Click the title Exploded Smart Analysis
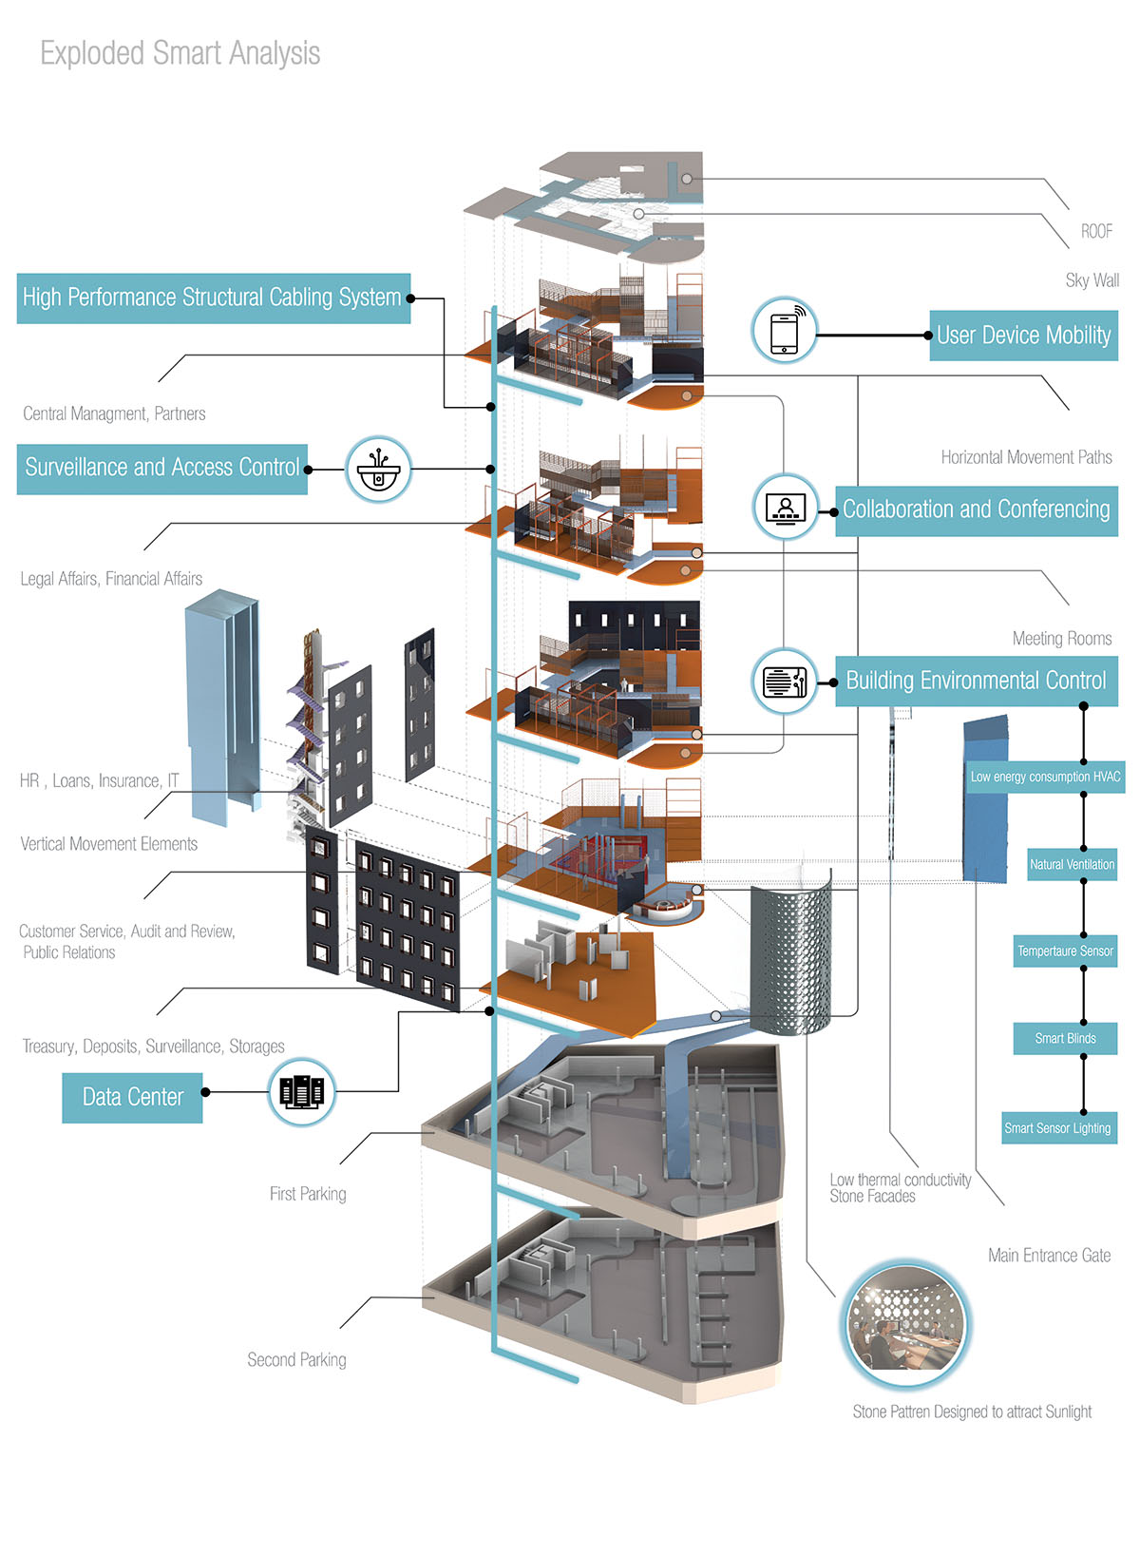[x=180, y=53]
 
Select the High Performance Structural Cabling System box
[x=213, y=298]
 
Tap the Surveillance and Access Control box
[x=162, y=469]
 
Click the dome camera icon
[x=378, y=470]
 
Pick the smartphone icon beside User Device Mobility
[x=785, y=331]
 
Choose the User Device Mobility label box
[x=1023, y=336]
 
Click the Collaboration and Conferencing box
[x=976, y=510]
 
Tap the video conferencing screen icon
[x=785, y=509]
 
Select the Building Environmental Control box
[x=976, y=681]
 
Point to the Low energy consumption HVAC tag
[x=1045, y=777]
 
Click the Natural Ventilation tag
[x=1072, y=864]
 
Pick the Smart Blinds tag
[x=1065, y=1038]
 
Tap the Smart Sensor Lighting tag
[x=1057, y=1128]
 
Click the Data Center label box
[x=132, y=1098]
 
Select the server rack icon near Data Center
[x=302, y=1092]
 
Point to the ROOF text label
[x=1096, y=231]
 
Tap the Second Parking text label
[x=296, y=1360]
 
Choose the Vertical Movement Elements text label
[x=109, y=844]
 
